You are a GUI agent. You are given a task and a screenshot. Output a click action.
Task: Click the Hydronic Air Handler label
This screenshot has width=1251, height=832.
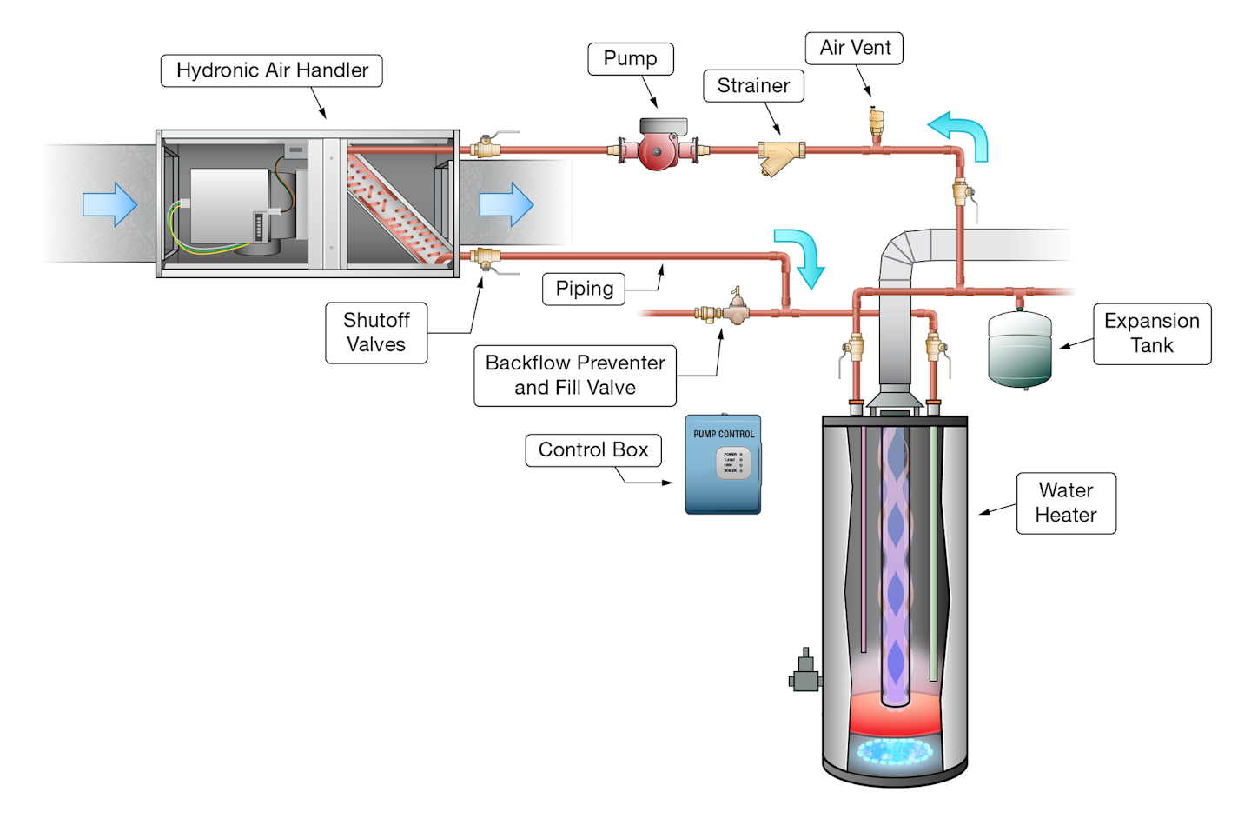coord(272,70)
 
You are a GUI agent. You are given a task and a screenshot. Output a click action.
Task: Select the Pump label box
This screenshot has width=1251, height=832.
coord(630,58)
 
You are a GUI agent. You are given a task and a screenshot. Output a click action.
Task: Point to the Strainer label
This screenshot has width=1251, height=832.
coord(753,86)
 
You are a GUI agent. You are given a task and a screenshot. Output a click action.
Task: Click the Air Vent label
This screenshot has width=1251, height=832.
coord(855,48)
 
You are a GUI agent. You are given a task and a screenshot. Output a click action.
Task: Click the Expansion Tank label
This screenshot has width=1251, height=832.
coord(1151,333)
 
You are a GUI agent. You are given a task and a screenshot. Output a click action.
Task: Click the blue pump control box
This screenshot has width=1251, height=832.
coord(723,464)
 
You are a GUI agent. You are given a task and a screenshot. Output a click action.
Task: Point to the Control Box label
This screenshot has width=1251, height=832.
coord(593,450)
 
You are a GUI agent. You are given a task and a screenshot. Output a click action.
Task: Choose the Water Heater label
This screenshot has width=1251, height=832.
coord(1066,503)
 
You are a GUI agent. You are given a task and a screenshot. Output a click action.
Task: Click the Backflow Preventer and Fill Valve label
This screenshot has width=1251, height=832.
coord(575,376)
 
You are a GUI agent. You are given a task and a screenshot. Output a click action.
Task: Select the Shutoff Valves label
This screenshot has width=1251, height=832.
coord(376,332)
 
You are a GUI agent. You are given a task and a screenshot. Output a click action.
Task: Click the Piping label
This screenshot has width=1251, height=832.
coord(584,289)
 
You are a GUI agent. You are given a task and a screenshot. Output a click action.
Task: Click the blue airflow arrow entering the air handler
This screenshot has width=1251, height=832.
coord(109,204)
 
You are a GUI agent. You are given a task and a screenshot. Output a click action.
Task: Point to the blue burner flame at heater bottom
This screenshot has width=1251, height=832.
coord(894,750)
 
